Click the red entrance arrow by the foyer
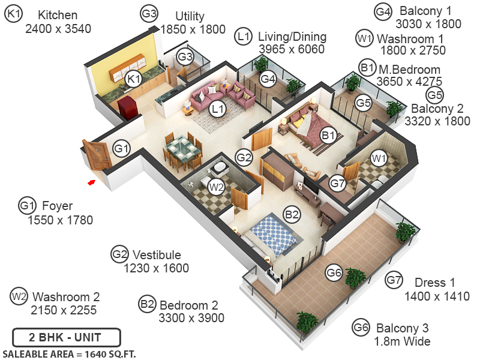point(91,181)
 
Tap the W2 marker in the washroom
point(216,187)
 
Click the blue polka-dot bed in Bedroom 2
point(274,235)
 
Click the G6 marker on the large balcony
point(334,273)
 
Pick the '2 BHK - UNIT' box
point(67,337)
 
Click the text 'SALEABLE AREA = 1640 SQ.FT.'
point(70,354)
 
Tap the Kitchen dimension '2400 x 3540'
point(58,28)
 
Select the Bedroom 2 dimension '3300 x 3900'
point(191,318)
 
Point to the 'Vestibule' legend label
point(157,255)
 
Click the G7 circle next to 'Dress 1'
point(394,280)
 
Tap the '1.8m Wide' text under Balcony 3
point(403,341)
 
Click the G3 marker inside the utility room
point(185,58)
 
